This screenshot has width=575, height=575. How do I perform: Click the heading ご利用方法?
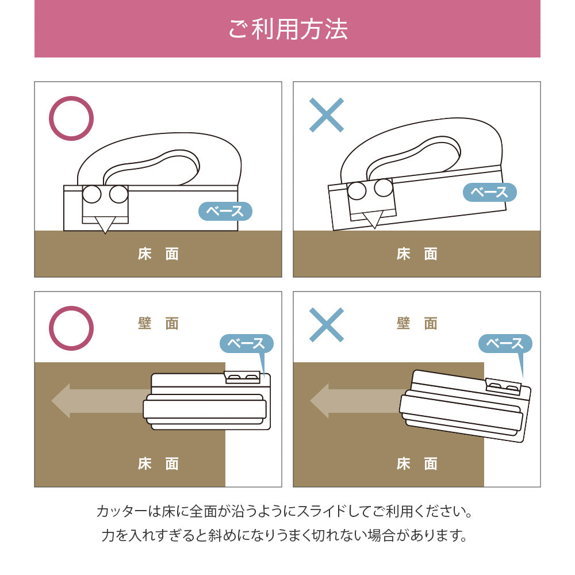287,29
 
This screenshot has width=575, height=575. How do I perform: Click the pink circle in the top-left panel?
71,118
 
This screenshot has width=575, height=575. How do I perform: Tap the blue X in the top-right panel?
327,115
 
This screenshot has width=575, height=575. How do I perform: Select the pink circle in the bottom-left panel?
71,328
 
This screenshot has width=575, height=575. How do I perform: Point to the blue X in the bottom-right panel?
327,325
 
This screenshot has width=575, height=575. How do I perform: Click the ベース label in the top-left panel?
225,212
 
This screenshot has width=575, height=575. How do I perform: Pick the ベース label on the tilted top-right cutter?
489,192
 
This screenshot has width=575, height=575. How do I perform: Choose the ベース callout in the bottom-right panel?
505,344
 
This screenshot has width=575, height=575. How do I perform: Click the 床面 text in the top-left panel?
158,254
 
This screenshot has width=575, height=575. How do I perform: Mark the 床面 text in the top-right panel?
417,254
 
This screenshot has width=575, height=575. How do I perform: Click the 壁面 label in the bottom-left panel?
158,324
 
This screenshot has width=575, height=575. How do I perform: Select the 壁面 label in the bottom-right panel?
417,324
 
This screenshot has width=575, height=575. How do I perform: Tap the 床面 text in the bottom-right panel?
417,464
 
